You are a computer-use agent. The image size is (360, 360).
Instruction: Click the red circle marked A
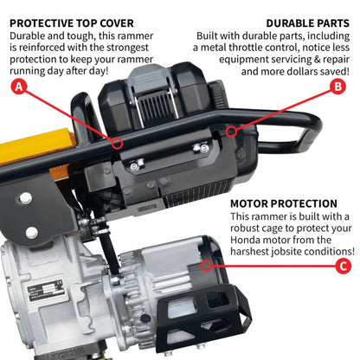click(17, 87)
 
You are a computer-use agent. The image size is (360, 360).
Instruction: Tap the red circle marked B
click(338, 87)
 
